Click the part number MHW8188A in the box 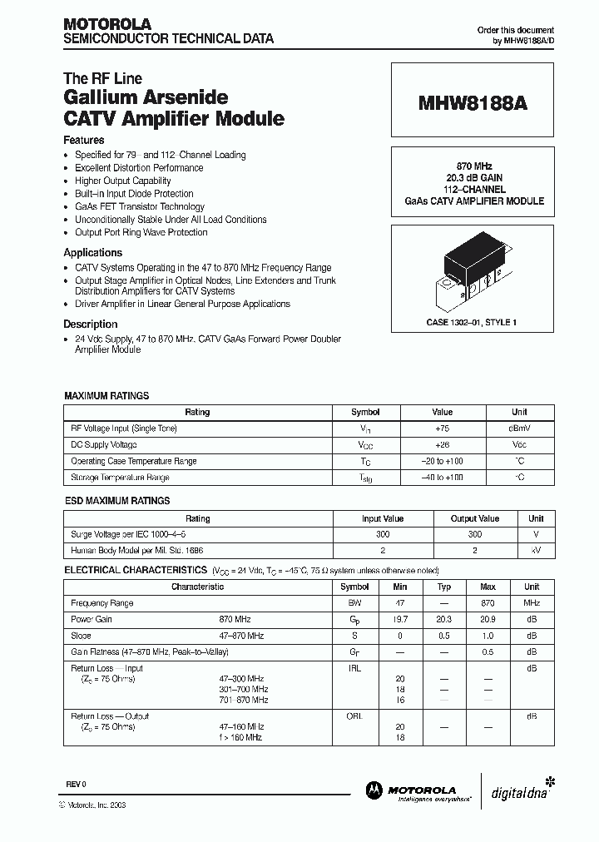point(472,105)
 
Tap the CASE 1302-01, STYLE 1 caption point(472,321)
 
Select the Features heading point(84,141)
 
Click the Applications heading point(93,252)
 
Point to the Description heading point(91,324)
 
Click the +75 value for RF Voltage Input point(442,428)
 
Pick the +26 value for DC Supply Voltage point(442,445)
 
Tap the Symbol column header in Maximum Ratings point(365,412)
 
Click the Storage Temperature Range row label point(120,478)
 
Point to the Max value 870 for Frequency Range point(488,603)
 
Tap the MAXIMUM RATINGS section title point(106,396)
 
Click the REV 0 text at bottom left point(76,785)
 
